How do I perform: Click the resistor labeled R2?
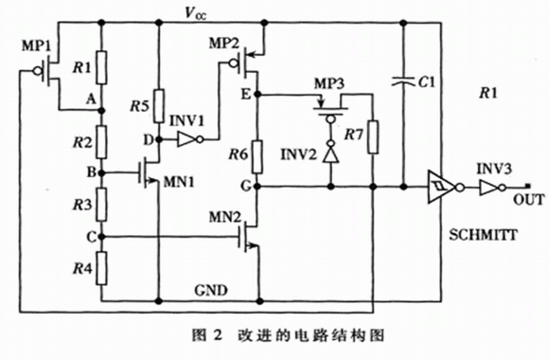click(101, 142)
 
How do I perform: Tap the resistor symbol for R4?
click(102, 268)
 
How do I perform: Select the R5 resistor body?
click(159, 106)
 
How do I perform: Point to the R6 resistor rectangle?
click(257, 156)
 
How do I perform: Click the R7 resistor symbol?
click(373, 137)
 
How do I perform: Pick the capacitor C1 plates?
click(403, 81)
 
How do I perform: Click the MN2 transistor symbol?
click(248, 237)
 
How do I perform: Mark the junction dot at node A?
click(101, 111)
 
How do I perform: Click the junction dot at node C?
click(101, 237)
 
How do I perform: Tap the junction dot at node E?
click(257, 95)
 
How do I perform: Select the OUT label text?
click(529, 200)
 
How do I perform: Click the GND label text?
click(211, 290)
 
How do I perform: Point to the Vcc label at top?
click(195, 13)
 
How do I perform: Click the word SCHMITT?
click(483, 235)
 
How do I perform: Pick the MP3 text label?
click(329, 83)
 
